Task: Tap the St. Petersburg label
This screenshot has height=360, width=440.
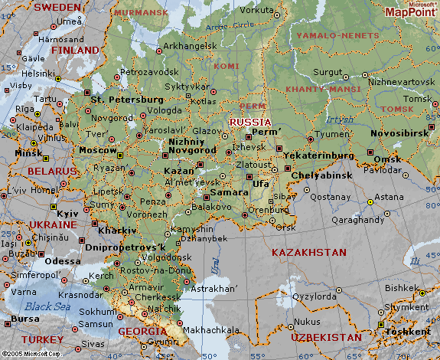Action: [x=127, y=100]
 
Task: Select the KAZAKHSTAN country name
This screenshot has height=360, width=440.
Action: [x=309, y=252]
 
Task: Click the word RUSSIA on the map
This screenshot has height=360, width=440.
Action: [x=250, y=122]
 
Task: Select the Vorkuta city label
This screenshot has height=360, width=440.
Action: [x=256, y=10]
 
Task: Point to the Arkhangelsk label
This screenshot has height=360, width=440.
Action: [x=190, y=46]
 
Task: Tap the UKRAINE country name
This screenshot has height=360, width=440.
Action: [x=53, y=225]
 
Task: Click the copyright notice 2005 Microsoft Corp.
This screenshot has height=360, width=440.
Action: [x=31, y=355]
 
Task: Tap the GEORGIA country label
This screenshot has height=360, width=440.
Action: [x=142, y=331]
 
